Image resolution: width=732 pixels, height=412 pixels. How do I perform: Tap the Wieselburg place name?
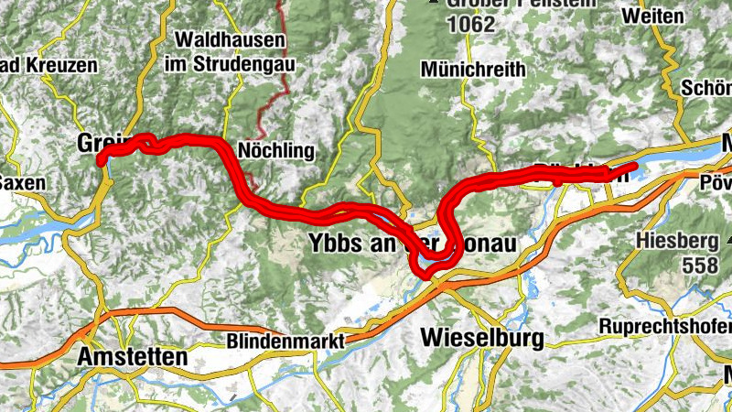pos(481,338)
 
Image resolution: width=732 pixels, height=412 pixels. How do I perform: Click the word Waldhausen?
pos(229,41)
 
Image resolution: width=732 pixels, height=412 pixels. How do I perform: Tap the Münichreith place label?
pos(473,70)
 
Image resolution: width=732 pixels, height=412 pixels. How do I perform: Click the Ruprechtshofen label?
pos(665,326)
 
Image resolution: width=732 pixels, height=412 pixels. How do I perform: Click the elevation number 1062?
pos(473,25)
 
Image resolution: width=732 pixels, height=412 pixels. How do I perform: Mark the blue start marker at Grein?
pos(102,159)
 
